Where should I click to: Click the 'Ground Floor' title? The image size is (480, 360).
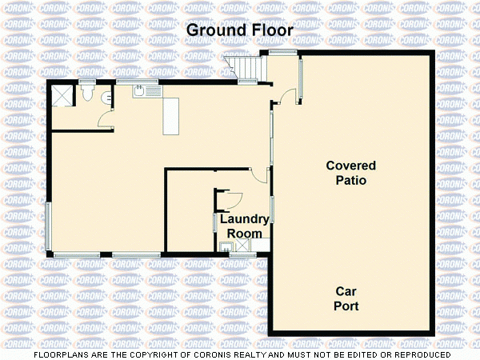(239, 30)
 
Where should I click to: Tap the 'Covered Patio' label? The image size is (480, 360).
(350, 173)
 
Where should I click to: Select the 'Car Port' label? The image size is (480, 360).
(346, 298)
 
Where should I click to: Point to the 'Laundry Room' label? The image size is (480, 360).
(241, 226)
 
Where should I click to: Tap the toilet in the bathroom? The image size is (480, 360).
(87, 94)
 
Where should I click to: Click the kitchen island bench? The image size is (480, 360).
(170, 117)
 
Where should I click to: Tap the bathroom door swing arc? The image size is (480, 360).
(104, 120)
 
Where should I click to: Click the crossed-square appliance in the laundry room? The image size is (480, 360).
(238, 246)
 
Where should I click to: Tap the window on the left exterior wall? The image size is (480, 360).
(48, 226)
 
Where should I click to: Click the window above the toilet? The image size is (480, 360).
(86, 82)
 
